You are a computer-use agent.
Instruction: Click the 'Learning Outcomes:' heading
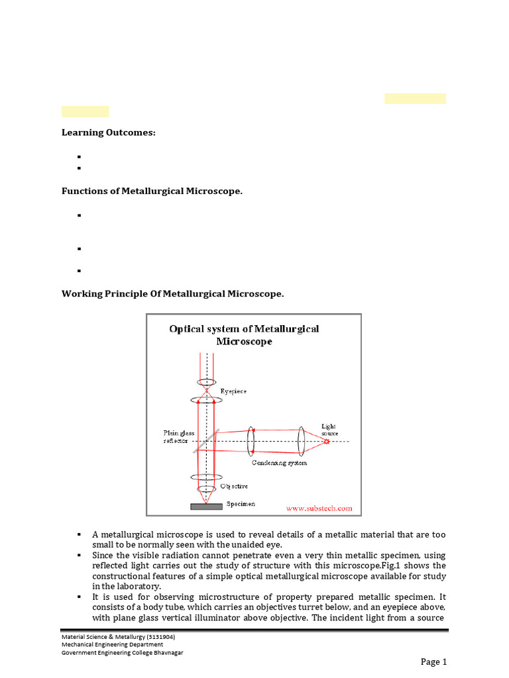tap(109, 132)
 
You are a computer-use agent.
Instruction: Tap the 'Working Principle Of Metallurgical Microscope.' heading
tap(172, 293)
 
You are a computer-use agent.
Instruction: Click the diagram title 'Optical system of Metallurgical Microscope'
tap(244, 335)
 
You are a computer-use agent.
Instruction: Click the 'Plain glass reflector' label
tap(176, 436)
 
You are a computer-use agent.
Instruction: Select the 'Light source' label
tap(329, 430)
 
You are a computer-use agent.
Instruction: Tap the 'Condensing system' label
tap(279, 463)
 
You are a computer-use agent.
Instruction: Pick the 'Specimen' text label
tap(241, 504)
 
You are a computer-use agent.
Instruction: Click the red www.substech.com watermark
tap(319, 508)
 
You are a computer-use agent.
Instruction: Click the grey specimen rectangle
tap(206, 507)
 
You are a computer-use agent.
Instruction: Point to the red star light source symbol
tap(326, 441)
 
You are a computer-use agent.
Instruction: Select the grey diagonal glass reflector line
tap(206, 441)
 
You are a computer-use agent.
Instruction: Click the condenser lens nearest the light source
tap(301, 441)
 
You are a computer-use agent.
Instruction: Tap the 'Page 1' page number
tap(434, 661)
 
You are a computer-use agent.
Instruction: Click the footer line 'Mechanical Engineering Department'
tap(113, 644)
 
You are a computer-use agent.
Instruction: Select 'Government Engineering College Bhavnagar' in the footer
tap(123, 652)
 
